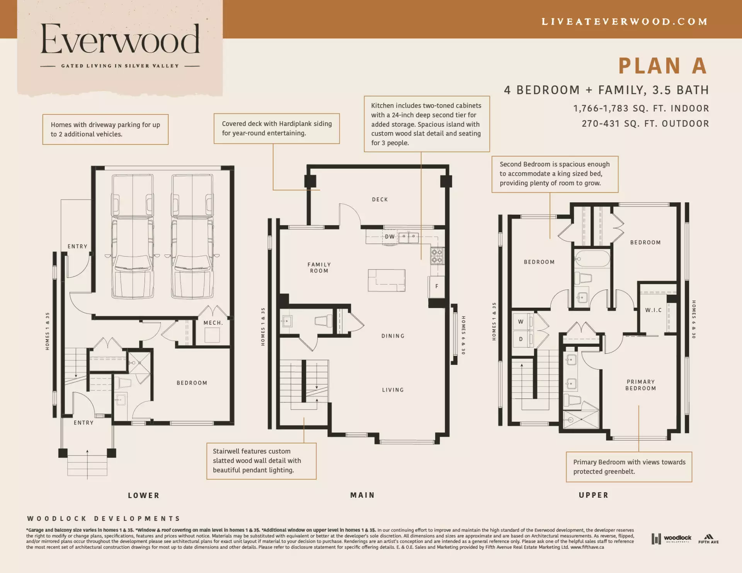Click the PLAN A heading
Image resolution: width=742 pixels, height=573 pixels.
pos(662,66)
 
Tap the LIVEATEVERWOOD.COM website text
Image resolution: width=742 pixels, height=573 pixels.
pos(624,22)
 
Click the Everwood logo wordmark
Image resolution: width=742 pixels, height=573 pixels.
pos(120,39)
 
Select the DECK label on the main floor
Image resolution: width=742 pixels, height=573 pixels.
pos(380,200)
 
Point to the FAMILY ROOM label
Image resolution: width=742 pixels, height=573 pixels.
pos(319,268)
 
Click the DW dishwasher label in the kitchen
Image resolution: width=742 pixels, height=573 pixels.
pos(390,237)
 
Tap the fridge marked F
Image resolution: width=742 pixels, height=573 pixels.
pos(437,286)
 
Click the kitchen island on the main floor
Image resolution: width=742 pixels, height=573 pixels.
pos(386,280)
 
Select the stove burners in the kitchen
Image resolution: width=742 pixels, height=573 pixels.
pos(437,256)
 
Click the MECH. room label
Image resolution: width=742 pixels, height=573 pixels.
pos(213,323)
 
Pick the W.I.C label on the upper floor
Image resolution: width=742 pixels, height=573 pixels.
pos(653,310)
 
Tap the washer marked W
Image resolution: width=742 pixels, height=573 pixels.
pos(521,322)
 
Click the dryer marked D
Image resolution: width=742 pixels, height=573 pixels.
pos(521,339)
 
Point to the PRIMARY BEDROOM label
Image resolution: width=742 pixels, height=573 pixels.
pos(640,385)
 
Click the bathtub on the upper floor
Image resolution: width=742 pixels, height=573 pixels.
pos(592,259)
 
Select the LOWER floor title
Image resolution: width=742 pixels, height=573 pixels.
pos(144,495)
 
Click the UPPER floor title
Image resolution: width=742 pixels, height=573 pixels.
pos(594,495)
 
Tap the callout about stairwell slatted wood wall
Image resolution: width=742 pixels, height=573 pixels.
pos(261,461)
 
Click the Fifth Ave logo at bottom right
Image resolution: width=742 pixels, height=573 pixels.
pos(708,539)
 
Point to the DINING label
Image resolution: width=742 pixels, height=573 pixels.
pos(393,336)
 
